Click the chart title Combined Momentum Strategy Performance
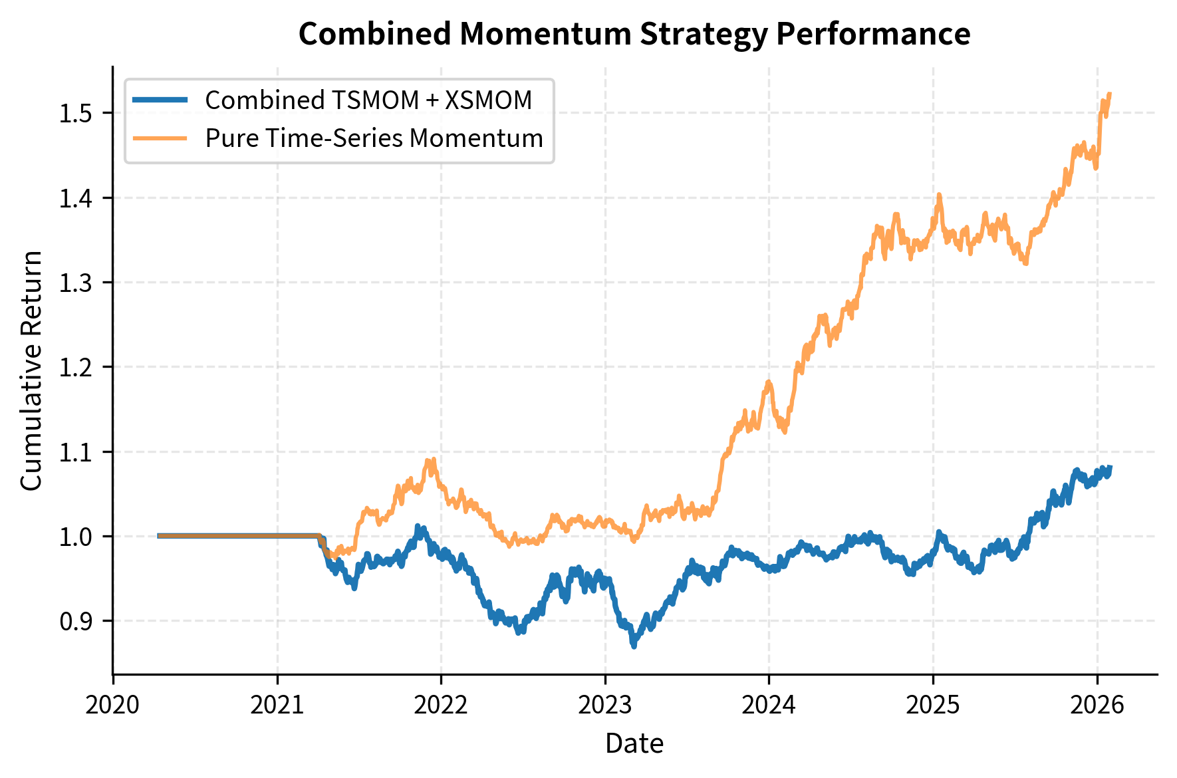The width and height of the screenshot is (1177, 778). tap(634, 34)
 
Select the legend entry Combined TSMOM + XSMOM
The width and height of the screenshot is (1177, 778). tap(368, 100)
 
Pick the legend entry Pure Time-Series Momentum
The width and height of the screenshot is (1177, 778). tap(374, 138)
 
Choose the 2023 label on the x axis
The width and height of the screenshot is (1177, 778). tap(604, 705)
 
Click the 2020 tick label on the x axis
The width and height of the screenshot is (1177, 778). tap(113, 705)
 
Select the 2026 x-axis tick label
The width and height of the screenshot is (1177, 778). tap(1097, 705)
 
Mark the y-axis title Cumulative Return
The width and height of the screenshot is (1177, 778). tap(31, 370)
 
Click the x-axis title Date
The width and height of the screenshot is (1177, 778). tap(634, 743)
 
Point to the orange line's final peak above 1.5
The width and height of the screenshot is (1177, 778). tap(1110, 94)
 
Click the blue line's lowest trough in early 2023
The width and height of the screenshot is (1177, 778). tap(634, 645)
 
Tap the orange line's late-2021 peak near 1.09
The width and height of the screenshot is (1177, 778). tap(433, 459)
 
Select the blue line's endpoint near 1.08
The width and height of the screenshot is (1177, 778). tap(1111, 467)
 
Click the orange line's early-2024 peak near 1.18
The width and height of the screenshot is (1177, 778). tap(769, 382)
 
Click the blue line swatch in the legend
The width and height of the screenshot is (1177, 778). tap(160, 100)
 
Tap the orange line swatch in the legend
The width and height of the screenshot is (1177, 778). tap(160, 138)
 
